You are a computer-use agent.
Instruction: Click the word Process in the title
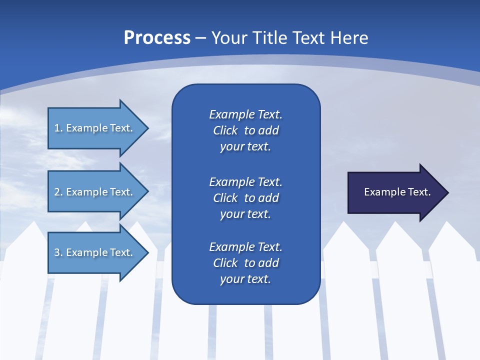pyautogui.click(x=157, y=38)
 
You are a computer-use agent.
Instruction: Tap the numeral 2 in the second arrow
pyautogui.click(x=57, y=192)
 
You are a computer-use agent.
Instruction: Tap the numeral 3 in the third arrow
pyautogui.click(x=57, y=252)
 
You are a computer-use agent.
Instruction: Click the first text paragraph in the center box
pyautogui.click(x=245, y=130)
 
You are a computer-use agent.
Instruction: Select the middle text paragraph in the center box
pyautogui.click(x=245, y=198)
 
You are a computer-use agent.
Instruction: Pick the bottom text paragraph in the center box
pyautogui.click(x=245, y=263)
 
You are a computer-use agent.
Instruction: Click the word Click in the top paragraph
pyautogui.click(x=225, y=130)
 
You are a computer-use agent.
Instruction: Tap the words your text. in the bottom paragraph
pyautogui.click(x=245, y=279)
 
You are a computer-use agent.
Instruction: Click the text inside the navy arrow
pyautogui.click(x=397, y=192)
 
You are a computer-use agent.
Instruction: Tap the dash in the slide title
pyautogui.click(x=201, y=38)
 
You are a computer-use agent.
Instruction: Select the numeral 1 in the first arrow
pyautogui.click(x=56, y=128)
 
